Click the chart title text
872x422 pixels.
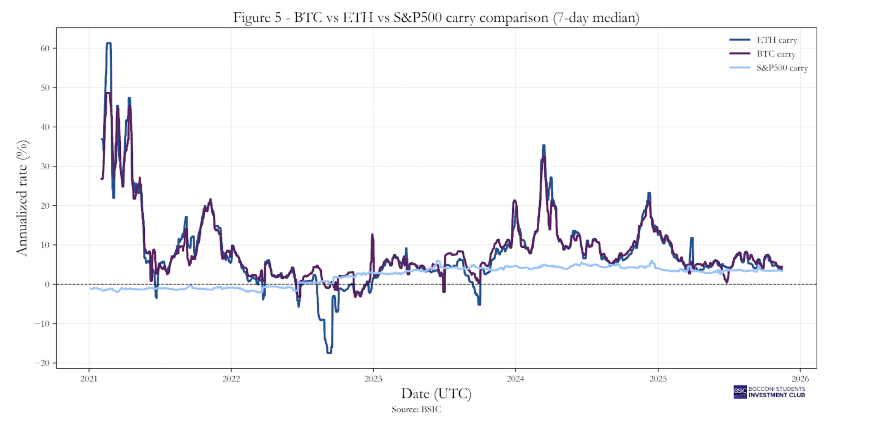point(436,17)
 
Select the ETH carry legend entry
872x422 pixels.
point(776,40)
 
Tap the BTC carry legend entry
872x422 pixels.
point(776,54)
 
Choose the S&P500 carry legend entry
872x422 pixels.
point(782,68)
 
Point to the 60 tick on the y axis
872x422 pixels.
point(45,48)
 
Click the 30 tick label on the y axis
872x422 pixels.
point(45,166)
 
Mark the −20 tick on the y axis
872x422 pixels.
point(42,363)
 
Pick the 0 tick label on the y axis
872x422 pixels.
point(47,284)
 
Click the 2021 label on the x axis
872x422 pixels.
point(89,379)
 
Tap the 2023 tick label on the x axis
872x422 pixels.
point(373,379)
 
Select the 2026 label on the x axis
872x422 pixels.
point(800,379)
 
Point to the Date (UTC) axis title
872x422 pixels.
point(436,393)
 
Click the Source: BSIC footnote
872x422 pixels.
point(416,409)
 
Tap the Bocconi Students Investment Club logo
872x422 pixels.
point(769,392)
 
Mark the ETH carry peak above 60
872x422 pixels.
point(109,43)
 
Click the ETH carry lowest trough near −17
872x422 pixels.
point(329,352)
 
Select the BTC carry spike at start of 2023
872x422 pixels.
point(372,235)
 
